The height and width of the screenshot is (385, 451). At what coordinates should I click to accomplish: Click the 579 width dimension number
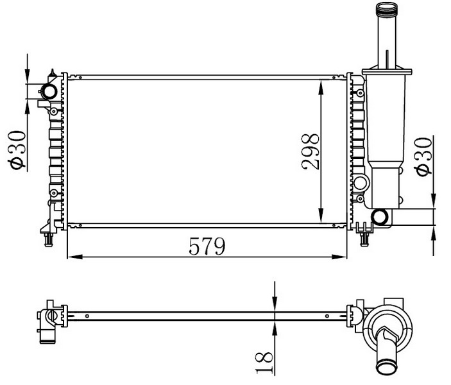[x=207, y=246]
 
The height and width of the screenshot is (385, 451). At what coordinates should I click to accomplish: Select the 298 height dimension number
[x=310, y=151]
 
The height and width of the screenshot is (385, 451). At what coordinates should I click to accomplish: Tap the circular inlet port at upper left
[x=48, y=90]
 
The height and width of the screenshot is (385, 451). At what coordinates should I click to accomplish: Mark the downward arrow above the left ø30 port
[x=27, y=76]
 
